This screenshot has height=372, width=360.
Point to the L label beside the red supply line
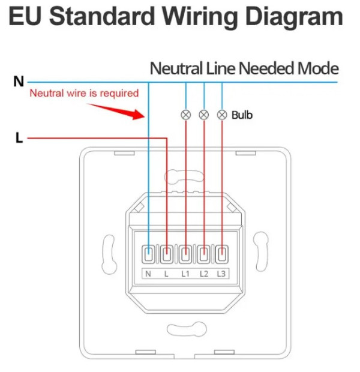[19, 139]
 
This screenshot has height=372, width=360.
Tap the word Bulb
[242, 115]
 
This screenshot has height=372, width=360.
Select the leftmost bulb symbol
[185, 114]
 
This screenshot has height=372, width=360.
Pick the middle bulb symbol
[204, 114]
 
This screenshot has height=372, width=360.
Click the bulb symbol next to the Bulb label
[222, 114]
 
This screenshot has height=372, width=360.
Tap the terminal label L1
[185, 274]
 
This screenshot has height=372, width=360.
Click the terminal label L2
[203, 274]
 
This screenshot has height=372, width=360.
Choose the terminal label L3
[222, 274]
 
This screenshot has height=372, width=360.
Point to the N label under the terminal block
[148, 274]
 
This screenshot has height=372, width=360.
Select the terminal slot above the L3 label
[222, 255]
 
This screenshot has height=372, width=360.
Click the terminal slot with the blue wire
[148, 255]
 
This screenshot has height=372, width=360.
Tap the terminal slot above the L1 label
[185, 255]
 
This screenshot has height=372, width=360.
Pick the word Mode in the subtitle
[319, 68]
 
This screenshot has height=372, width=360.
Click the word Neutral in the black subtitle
[176, 68]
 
